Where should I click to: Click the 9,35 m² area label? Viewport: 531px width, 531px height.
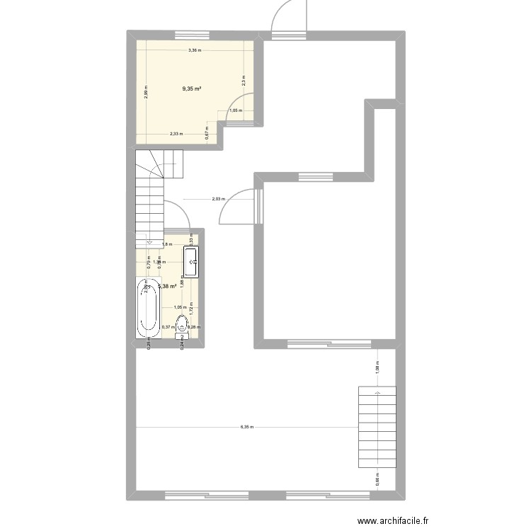point(191,88)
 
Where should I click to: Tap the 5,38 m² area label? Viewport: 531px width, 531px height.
point(167,286)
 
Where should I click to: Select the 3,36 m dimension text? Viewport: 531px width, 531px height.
point(194,50)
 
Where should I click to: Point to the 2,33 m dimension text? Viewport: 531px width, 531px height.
point(176,134)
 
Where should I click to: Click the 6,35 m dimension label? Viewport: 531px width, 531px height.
point(247,427)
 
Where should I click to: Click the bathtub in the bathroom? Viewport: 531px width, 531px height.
point(148,309)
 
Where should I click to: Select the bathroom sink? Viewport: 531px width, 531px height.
point(192,261)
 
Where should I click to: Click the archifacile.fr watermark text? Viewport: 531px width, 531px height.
point(394,520)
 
